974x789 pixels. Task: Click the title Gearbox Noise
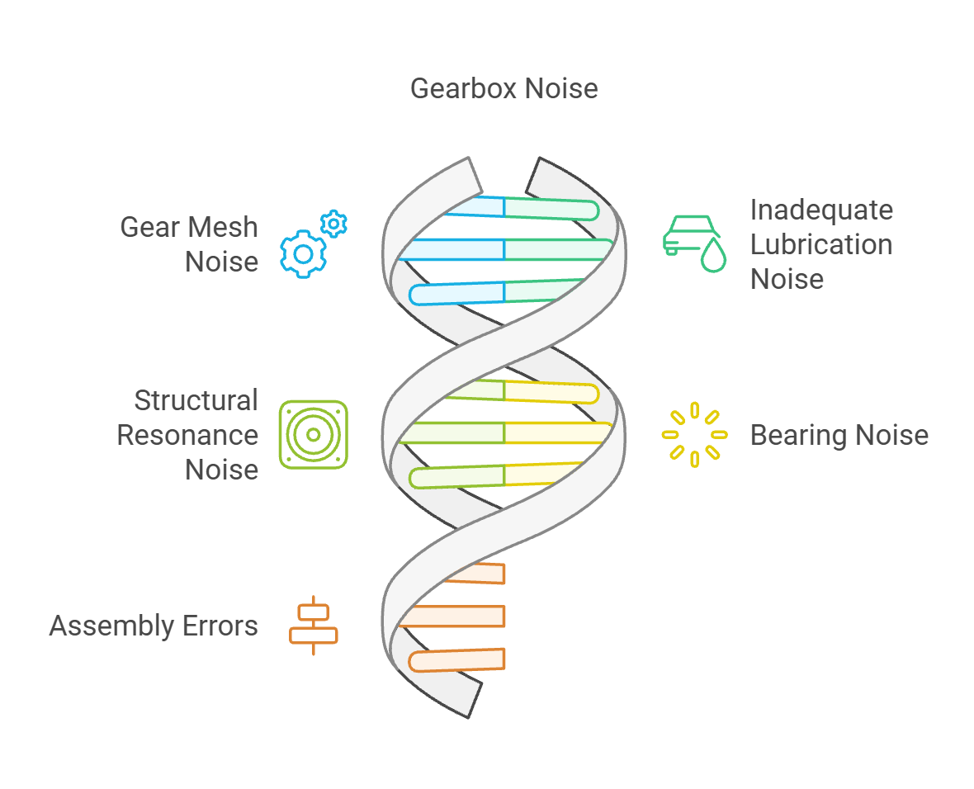coord(504,88)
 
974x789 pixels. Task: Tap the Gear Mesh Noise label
coord(189,244)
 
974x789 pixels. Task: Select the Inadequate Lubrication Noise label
coord(820,244)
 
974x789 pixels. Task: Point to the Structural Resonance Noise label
coord(187,435)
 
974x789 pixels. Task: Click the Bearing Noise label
coord(839,435)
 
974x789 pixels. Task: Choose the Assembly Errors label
coord(154,626)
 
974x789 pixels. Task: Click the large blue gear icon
coord(303,254)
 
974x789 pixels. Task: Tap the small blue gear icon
coord(333,224)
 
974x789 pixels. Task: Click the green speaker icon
coord(314,435)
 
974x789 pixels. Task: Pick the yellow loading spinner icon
coord(695,434)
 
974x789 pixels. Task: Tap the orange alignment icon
coord(314,626)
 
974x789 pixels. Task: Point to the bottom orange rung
coord(458,659)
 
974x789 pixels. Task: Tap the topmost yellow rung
coord(549,392)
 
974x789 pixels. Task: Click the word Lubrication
coord(820,244)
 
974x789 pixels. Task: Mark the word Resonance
coord(187,435)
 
